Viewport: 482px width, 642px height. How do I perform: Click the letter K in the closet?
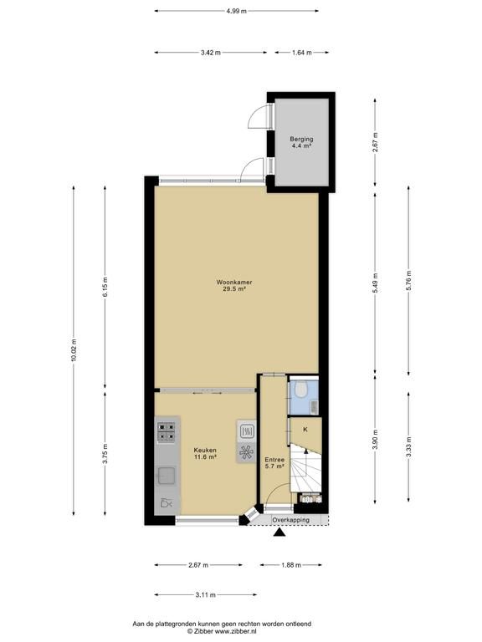coord(305,430)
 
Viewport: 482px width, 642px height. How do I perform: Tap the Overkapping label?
coord(290,520)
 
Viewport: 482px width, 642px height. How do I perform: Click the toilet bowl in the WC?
coord(301,389)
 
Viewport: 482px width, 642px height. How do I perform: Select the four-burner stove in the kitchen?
coord(167,432)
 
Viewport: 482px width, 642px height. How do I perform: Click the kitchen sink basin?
coord(167,476)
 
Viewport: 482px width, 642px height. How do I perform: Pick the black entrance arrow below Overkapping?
coord(279,532)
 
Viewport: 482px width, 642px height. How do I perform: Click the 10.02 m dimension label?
coord(74,350)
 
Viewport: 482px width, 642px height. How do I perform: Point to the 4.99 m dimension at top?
coord(237,11)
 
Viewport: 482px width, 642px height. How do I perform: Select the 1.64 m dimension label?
coord(301,53)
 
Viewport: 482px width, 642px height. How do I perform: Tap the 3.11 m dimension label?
coord(205,594)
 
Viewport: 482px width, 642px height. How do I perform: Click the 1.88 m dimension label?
coord(291,565)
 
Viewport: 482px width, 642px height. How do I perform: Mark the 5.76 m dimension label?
coord(408,281)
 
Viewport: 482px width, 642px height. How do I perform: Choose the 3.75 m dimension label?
coord(105,454)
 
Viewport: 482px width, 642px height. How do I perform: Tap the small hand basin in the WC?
coord(314,406)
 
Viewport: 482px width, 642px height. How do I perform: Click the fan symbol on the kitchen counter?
coord(246,453)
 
